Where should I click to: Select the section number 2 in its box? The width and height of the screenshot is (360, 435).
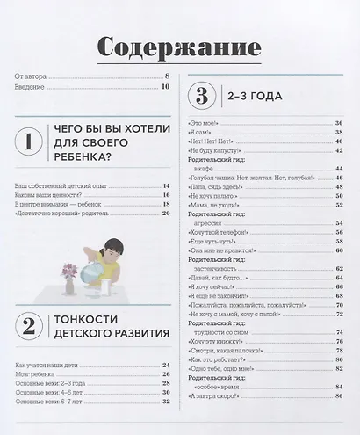(x=30, y=328)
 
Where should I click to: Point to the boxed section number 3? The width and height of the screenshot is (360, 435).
(x=202, y=94)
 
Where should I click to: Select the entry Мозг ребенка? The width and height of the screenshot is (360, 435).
(x=35, y=373)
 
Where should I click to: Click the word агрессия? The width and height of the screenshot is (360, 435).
(x=218, y=223)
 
